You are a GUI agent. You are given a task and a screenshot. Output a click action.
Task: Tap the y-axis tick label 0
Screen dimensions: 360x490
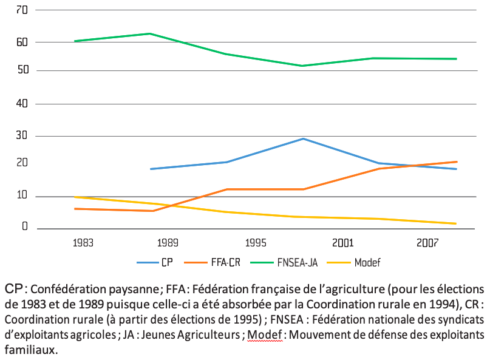click(26, 226)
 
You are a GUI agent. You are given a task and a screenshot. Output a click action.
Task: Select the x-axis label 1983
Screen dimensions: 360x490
click(83, 243)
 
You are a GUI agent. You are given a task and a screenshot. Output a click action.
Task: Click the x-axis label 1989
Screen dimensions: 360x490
click(168, 243)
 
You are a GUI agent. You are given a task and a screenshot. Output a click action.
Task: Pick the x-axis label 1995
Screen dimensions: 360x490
click(256, 243)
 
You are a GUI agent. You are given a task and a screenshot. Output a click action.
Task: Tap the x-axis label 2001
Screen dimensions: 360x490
click(343, 243)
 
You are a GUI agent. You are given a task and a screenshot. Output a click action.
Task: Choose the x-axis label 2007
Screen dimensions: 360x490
click(428, 243)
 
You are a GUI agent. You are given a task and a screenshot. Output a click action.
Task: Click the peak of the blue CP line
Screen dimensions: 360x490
click(303, 138)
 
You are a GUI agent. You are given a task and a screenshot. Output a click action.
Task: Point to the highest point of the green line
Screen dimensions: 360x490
click(150, 33)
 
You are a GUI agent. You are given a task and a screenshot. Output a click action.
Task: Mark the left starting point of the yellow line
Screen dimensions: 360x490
click(75, 197)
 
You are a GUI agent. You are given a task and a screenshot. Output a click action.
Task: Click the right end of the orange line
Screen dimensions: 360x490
click(456, 161)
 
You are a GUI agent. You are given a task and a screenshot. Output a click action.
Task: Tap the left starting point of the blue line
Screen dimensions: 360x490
click(150, 169)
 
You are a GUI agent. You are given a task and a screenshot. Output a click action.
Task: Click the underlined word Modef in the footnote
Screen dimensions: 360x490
click(265, 335)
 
